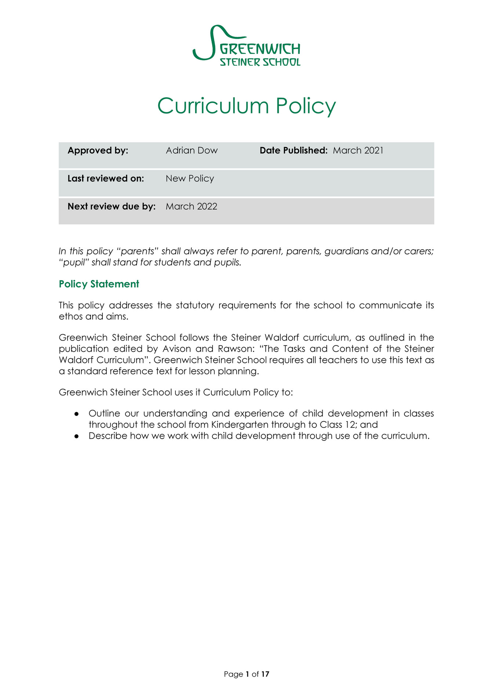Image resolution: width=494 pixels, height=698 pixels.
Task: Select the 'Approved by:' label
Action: [98, 151]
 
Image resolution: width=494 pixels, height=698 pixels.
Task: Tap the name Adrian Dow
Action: [192, 151]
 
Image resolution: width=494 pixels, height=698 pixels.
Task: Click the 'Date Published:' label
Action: [293, 151]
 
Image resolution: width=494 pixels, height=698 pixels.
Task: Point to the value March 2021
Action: [358, 151]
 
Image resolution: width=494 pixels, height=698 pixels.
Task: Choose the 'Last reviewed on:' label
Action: [106, 178]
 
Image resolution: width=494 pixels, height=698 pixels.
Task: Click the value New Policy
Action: [190, 178]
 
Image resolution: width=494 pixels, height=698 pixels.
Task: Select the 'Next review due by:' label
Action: [112, 206]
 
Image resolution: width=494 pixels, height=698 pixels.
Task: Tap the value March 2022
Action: [191, 206]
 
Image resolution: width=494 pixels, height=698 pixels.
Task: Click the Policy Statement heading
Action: [99, 284]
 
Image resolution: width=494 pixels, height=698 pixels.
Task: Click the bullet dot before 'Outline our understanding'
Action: [76, 414]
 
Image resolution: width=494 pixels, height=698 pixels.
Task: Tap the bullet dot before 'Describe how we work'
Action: [76, 436]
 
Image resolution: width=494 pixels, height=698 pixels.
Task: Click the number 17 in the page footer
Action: [265, 674]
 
